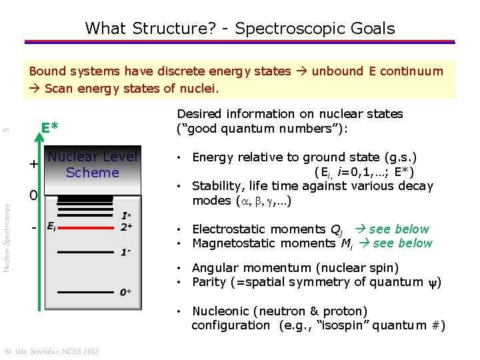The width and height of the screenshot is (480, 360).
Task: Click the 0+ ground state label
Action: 125,292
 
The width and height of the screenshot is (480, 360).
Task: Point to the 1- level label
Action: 125,253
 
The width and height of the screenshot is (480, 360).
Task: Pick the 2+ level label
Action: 126,227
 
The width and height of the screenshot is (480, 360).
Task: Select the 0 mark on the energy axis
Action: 32,196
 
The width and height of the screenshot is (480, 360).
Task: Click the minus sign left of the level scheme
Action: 33,229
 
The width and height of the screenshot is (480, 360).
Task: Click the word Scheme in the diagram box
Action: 92,173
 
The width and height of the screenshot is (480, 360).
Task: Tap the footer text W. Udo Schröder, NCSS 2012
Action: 51,351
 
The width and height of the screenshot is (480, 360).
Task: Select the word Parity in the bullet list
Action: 209,281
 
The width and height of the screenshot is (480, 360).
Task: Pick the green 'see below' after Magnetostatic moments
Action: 403,243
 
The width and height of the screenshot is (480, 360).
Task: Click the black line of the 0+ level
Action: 87,292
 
